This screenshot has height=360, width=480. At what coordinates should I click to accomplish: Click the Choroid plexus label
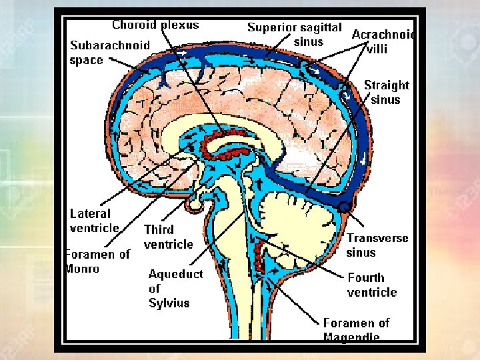155,25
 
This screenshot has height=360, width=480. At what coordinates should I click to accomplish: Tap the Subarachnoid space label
110,53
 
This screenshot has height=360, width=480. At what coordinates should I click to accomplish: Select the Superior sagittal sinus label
294,34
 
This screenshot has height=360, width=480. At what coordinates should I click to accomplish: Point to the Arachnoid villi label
383,41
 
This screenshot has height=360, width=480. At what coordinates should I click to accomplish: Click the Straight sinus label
387,93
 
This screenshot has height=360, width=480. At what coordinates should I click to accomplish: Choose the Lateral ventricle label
95,221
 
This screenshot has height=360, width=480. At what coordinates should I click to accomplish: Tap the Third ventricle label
168,237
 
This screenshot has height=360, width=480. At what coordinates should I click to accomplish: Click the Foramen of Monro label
97,261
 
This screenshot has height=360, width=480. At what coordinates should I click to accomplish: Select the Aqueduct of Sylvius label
175,288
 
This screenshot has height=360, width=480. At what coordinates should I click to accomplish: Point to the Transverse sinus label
377,245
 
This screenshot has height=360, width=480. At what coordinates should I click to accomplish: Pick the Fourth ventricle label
372,285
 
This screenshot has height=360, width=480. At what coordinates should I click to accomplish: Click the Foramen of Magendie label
356,329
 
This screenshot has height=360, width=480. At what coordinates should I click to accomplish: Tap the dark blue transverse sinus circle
343,207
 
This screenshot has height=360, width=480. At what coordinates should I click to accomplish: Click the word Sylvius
169,303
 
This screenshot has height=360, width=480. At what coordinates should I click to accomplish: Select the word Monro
82,269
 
